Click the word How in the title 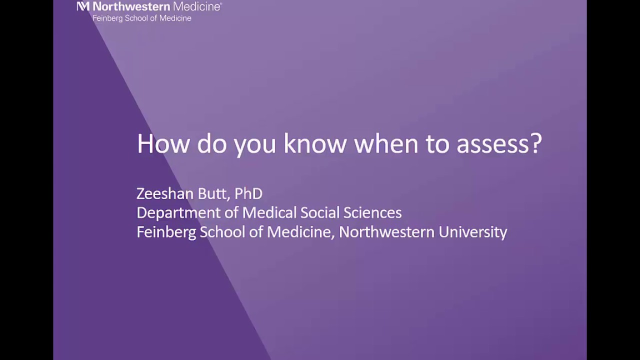(x=163, y=144)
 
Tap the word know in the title (x=314, y=144)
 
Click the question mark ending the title (x=536, y=144)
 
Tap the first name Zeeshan (x=165, y=193)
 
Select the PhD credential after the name (x=248, y=193)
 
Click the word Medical (x=271, y=212)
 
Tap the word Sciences (x=373, y=212)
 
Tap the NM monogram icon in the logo (x=83, y=6)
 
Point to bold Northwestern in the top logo (x=131, y=6)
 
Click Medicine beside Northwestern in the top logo (x=197, y=6)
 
